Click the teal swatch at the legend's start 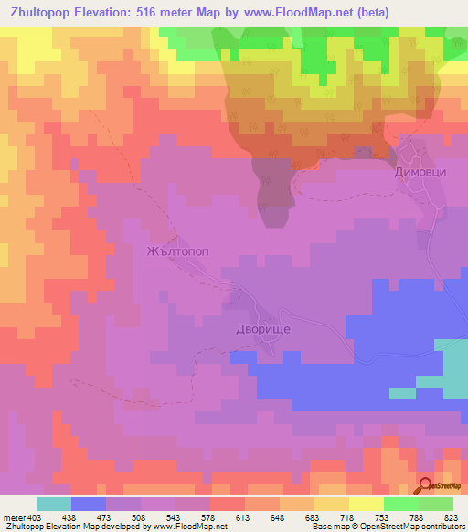tap(53, 504)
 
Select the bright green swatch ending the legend tap(435, 504)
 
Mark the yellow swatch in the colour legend tap(366, 504)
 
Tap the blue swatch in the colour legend tap(88, 504)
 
